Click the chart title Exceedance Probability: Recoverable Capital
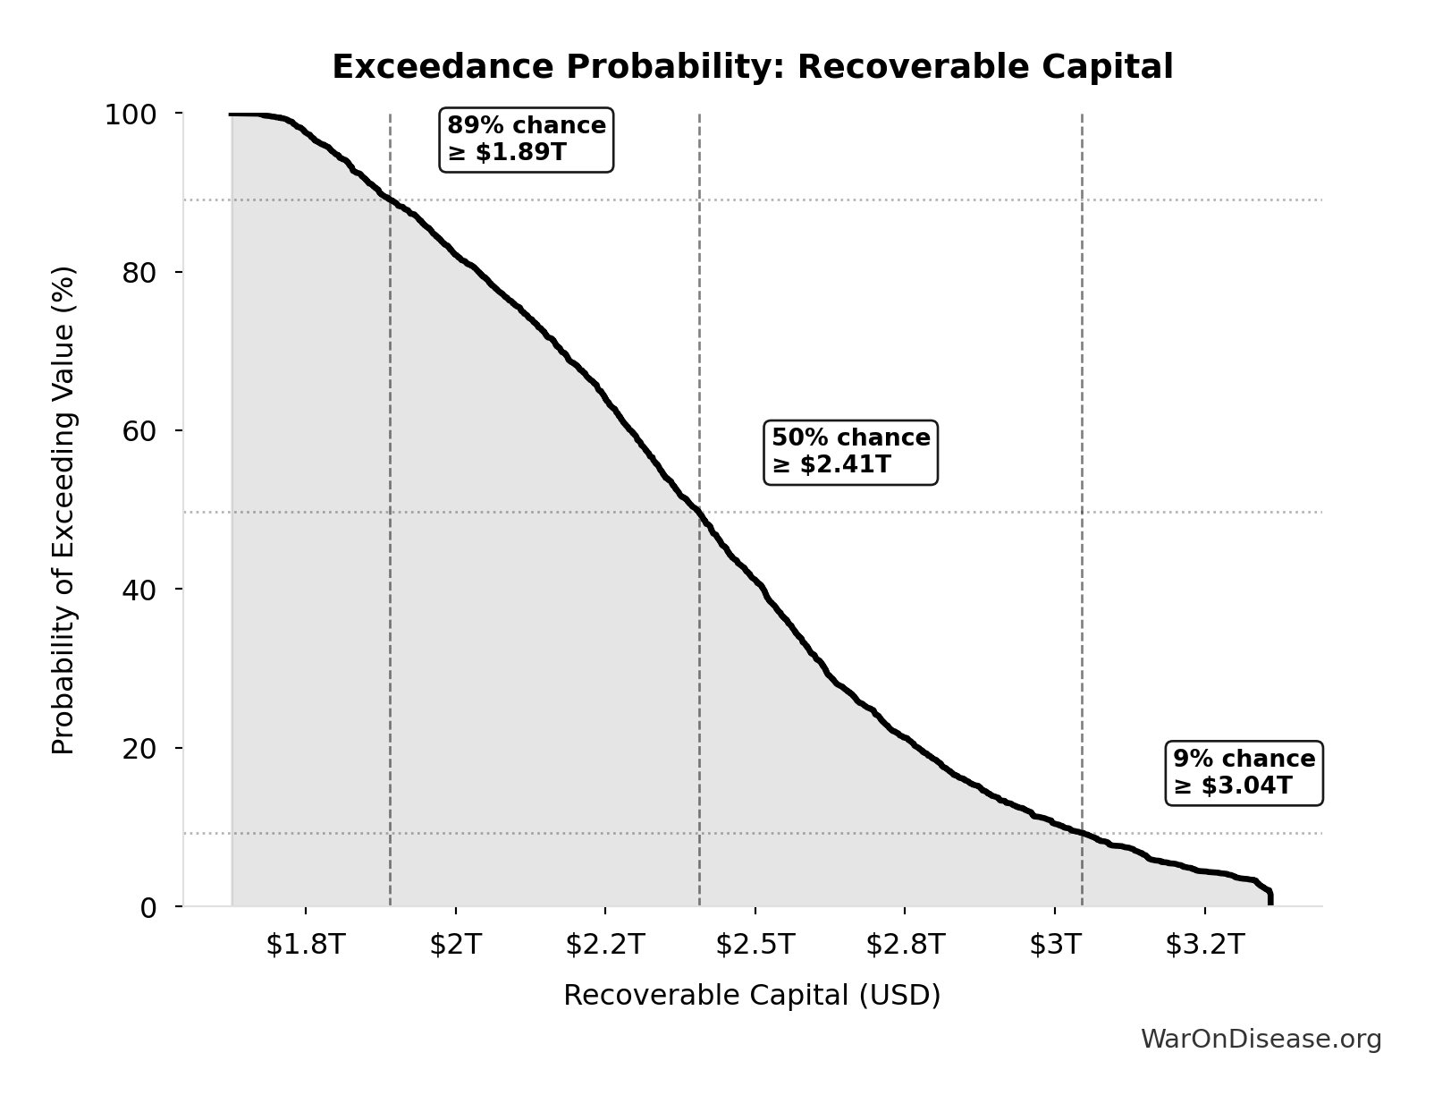coord(752,67)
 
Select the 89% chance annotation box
coord(527,139)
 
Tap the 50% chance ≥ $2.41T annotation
coord(850,452)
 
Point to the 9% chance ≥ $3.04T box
coord(1244,773)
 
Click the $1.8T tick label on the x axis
coord(305,945)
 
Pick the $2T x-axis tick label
coord(455,945)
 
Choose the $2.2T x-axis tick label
coord(605,945)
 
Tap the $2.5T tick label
coord(755,945)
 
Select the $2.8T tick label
coord(905,945)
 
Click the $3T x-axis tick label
coord(1055,945)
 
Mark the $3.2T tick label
coord(1204,945)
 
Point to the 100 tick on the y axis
coord(131,115)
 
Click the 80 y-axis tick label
coord(139,273)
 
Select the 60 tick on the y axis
coord(139,431)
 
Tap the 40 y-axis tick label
coord(139,590)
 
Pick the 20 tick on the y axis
coord(139,748)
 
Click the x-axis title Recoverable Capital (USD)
coord(752,996)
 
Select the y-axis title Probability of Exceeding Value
coord(63,510)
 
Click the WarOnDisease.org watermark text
coord(1261,1040)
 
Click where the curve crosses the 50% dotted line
coord(699,513)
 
